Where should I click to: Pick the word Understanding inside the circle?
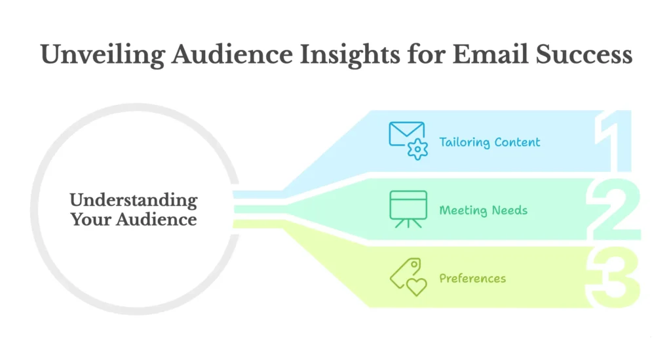[x=133, y=200]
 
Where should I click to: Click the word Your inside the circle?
[x=90, y=219]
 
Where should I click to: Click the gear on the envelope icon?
[x=417, y=150]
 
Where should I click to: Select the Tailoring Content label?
[x=489, y=142]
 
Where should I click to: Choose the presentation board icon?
[x=408, y=209]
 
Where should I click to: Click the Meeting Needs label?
[x=483, y=210]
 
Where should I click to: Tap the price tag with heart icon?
[x=408, y=276]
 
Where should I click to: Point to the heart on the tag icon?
[x=416, y=286]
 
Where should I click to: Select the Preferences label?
[x=472, y=278]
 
